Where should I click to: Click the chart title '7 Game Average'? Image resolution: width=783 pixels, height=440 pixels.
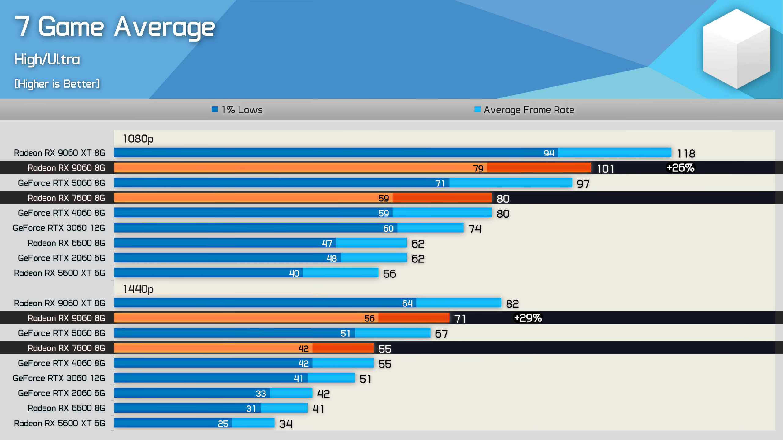coord(115,28)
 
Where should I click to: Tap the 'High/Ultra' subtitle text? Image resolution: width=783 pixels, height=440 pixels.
coord(47,59)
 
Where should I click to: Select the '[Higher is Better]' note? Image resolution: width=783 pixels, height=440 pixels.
coord(57,84)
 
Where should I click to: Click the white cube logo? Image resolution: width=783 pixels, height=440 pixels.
coord(736,49)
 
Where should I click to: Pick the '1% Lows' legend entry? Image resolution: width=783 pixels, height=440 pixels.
coord(237,110)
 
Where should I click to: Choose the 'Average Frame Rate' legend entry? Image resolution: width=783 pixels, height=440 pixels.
coord(525,110)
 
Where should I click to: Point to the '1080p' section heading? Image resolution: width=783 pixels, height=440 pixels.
coord(138,139)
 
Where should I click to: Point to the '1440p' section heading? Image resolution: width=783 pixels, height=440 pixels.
coord(138,289)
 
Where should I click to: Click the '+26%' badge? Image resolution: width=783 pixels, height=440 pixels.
coord(681,168)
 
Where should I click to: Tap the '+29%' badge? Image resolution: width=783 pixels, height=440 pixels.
coord(528,318)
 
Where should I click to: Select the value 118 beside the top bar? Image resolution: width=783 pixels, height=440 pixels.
coord(686,153)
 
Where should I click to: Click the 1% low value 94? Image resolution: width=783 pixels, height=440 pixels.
coord(549,153)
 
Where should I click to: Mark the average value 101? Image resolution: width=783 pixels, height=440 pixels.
coord(605,169)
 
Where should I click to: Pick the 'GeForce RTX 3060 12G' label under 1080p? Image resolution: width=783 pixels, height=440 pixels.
coord(59,228)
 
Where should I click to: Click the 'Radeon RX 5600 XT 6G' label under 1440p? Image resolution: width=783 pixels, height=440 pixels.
coord(60,423)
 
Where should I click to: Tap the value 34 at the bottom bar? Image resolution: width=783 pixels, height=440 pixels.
coord(286,424)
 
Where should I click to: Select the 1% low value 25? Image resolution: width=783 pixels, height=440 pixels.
coord(223,424)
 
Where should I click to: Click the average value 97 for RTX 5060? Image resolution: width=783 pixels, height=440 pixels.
coord(583,184)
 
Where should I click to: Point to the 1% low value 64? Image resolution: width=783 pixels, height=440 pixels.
coord(407,303)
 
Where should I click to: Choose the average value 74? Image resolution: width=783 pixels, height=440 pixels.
coord(475,229)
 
